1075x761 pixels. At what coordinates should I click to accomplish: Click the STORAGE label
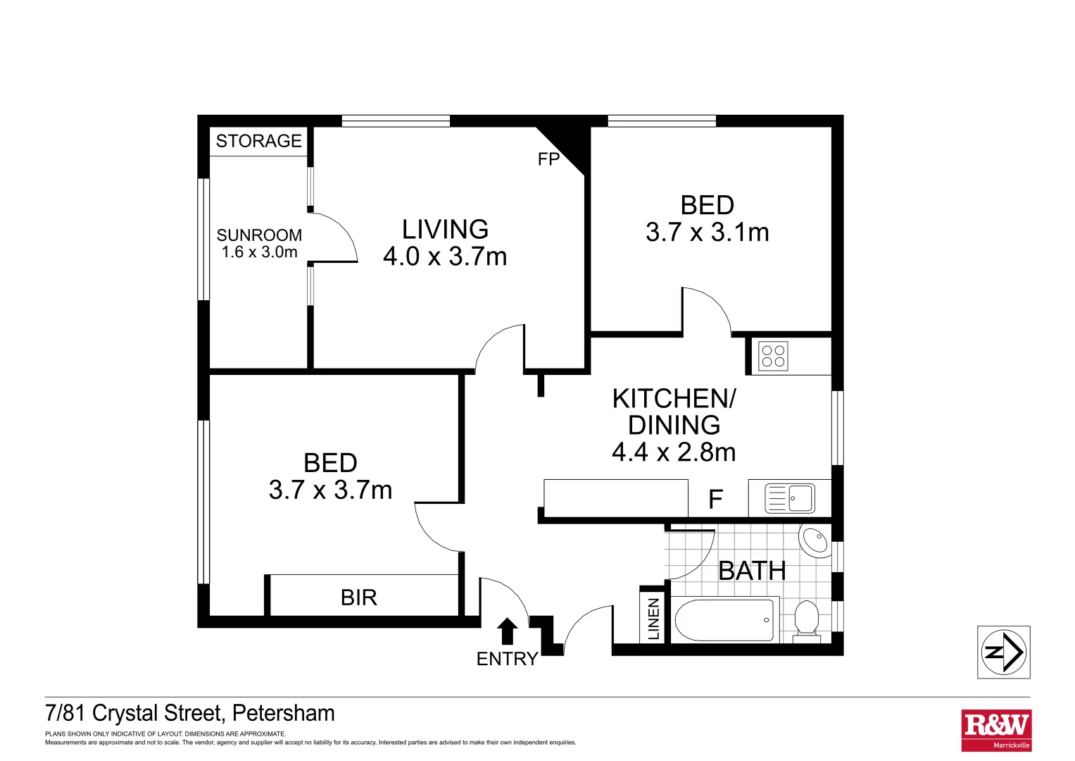[x=258, y=141]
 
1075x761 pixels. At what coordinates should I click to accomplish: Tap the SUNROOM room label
[x=259, y=235]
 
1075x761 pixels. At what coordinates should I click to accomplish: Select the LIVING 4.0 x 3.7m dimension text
[x=445, y=256]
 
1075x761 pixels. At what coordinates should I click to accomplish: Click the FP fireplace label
[x=548, y=159]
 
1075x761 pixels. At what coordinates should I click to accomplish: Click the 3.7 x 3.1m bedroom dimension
[x=707, y=232]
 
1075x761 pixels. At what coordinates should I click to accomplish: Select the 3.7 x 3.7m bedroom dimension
[x=330, y=490]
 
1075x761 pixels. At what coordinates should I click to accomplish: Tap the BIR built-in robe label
[x=359, y=598]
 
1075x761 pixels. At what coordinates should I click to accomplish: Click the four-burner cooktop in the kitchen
[x=773, y=357]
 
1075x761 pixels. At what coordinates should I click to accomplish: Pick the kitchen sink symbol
[x=791, y=498]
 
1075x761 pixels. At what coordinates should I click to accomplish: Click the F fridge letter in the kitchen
[x=715, y=500]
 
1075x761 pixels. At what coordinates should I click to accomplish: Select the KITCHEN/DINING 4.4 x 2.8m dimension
[x=674, y=452]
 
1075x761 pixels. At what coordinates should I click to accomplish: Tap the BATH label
[x=752, y=571]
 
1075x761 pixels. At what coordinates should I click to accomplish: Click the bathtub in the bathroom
[x=724, y=620]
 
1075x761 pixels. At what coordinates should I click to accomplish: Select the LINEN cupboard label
[x=654, y=619]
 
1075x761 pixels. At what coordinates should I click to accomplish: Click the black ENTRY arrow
[x=507, y=631]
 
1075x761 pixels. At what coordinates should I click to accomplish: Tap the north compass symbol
[x=1003, y=652]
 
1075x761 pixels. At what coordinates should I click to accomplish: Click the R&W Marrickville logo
[x=996, y=730]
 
